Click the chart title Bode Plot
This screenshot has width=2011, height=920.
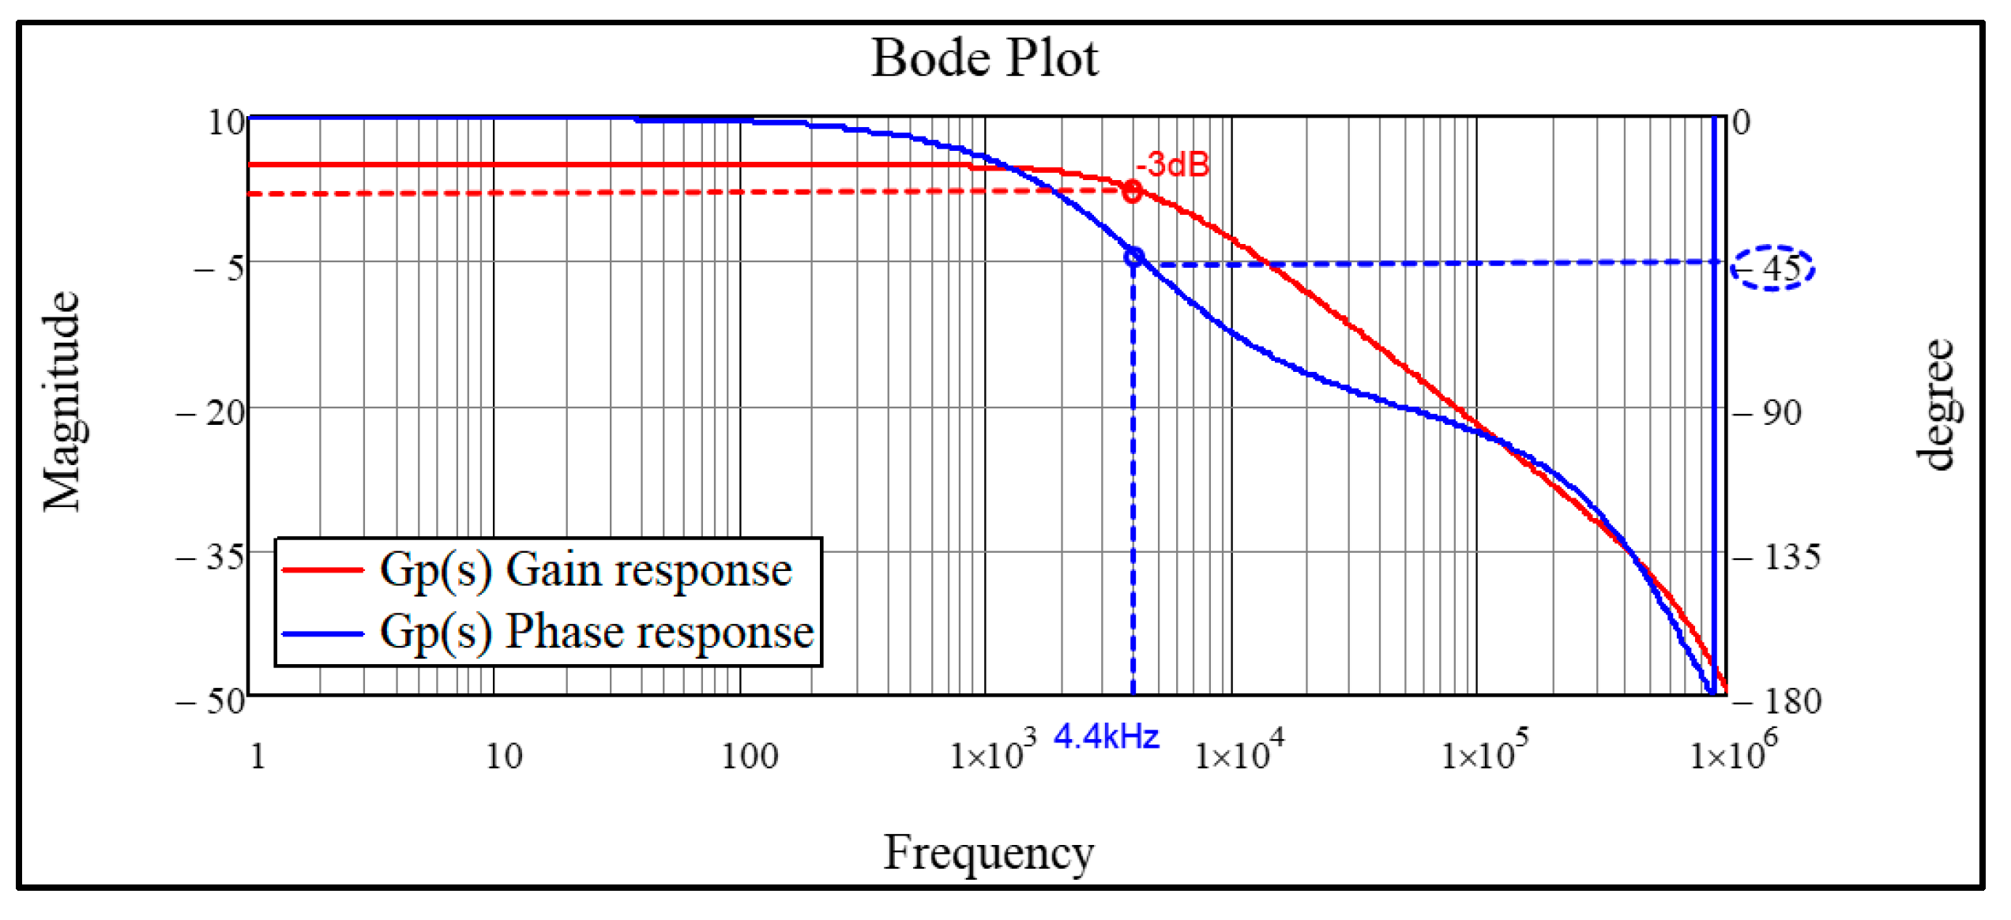point(984,58)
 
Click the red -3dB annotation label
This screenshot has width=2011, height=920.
point(1172,165)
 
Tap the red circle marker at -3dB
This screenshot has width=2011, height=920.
point(1132,191)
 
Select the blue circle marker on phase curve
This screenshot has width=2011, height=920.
point(1133,257)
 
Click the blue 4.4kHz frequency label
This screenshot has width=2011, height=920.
point(1107,737)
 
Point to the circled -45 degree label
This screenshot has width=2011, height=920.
point(1772,268)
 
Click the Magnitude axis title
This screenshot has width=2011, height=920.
point(62,401)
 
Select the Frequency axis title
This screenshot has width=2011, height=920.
point(988,853)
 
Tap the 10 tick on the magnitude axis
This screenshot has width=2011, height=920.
point(226,122)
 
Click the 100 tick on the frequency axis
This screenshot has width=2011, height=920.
point(750,757)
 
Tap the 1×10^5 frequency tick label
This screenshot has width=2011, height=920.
point(1484,752)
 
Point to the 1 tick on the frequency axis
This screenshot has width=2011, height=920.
point(257,757)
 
